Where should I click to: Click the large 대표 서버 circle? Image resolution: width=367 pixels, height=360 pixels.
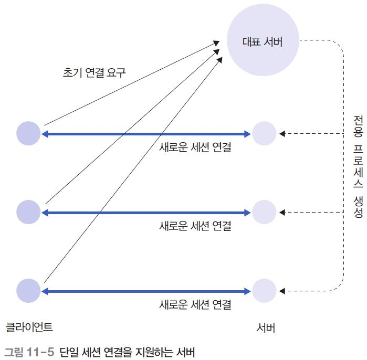pos(263,42)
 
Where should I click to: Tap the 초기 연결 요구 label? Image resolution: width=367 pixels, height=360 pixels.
pos(95,72)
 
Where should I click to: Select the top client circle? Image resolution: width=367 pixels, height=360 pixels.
pos(28,133)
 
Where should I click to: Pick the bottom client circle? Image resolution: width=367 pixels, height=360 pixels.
pos(28,291)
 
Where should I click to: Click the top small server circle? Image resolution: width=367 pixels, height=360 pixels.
pos(264,133)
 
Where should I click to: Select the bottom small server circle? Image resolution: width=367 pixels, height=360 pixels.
pos(264,291)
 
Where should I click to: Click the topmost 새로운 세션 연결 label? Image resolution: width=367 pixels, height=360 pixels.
pos(195,147)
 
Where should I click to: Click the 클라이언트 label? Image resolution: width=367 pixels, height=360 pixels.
pos(29,327)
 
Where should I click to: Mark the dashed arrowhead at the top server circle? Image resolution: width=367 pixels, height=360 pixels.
pos(282,134)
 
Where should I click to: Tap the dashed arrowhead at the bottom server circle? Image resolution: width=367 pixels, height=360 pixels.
pos(282,291)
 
